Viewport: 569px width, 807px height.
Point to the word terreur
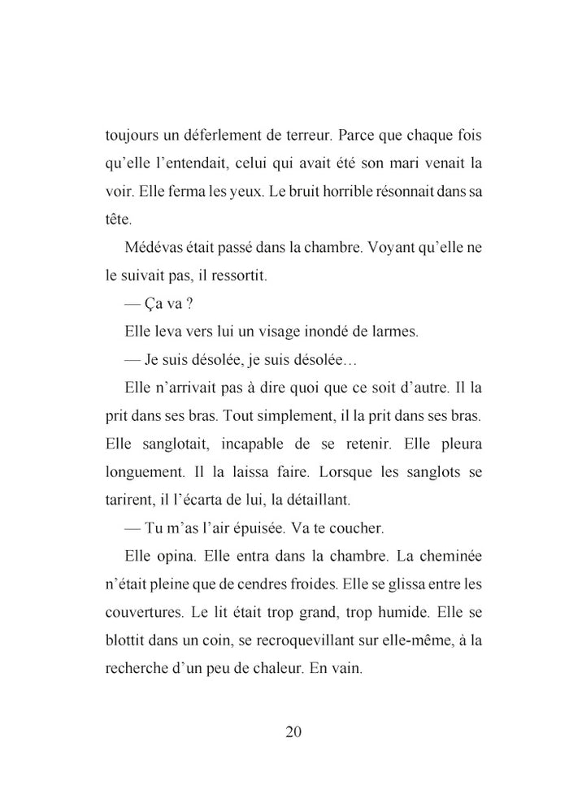306,133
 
